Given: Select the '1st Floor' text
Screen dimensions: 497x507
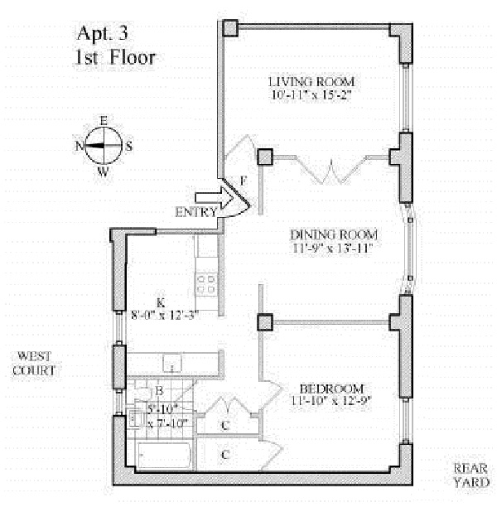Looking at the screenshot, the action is point(113,59).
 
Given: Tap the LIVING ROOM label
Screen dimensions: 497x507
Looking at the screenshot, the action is point(311,82).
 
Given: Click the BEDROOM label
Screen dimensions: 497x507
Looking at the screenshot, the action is point(331,389).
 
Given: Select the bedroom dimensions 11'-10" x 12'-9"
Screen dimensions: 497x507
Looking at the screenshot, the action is point(331,403).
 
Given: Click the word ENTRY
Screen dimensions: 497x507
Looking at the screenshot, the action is point(195,213).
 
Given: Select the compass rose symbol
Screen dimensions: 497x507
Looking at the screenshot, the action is point(104,147).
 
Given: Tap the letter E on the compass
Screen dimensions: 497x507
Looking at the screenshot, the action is point(104,121).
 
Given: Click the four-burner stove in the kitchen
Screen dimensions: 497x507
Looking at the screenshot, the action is point(205,284).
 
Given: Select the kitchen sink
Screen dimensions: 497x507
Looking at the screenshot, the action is point(172,362).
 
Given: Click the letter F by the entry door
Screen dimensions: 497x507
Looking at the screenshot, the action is point(243,179).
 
